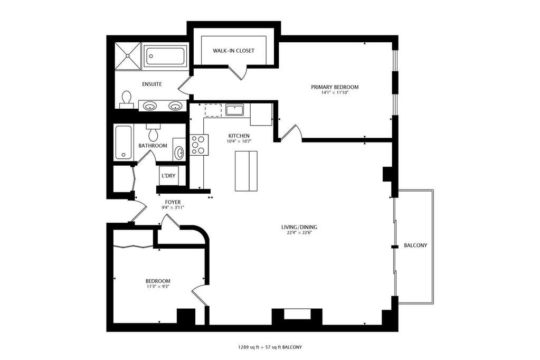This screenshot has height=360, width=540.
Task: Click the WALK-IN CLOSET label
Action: [x=233, y=51]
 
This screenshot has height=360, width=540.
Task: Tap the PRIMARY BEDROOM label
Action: [x=335, y=87]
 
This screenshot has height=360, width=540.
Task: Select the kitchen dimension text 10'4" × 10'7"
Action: [x=239, y=141]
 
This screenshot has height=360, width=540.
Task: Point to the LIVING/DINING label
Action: [x=299, y=228]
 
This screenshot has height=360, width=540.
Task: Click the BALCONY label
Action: [x=415, y=245]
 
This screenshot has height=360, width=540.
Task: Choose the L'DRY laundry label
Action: [x=168, y=176]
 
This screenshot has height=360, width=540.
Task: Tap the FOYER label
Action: [x=173, y=202]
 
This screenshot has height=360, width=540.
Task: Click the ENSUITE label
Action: [x=152, y=84]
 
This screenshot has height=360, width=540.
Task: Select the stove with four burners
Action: [x=198, y=145]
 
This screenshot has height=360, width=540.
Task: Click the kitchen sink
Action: [x=235, y=110]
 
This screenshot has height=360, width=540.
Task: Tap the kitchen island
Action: [x=246, y=171]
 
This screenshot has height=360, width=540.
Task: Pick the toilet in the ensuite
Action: [x=126, y=99]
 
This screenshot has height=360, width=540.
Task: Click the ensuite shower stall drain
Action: [x=128, y=55]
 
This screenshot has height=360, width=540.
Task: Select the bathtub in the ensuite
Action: [x=165, y=56]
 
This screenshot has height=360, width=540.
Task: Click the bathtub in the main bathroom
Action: [x=124, y=143]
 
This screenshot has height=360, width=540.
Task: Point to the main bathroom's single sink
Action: [x=179, y=152]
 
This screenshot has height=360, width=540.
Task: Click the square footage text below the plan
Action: [x=270, y=347]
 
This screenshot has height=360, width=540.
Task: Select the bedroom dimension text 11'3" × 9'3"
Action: [x=158, y=286]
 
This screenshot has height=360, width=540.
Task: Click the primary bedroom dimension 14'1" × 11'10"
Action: [x=335, y=93]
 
